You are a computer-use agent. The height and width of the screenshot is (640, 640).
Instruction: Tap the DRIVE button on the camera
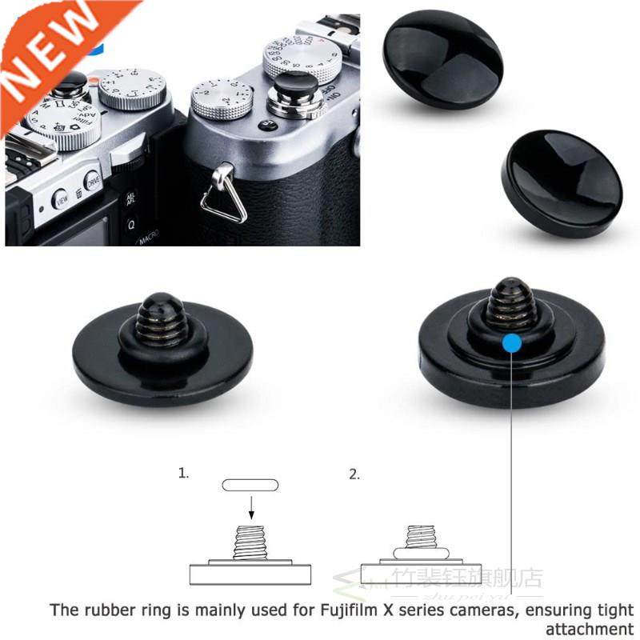pos(93,181)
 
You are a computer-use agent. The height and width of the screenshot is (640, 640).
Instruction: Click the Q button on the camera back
pos(131,222)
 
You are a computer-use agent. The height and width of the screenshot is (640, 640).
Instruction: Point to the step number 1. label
pos(183,473)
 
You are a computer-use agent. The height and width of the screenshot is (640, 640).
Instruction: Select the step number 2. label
pos(354,474)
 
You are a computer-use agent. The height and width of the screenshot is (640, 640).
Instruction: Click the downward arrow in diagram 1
pos(251,506)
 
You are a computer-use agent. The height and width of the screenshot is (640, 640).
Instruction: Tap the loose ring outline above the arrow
pos(250,485)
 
